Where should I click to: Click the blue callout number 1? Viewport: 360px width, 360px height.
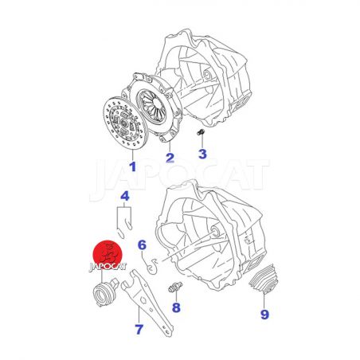pyautogui.click(x=132, y=166)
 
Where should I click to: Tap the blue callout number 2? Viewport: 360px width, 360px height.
pyautogui.click(x=170, y=158)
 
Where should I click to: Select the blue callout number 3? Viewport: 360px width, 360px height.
pyautogui.click(x=202, y=154)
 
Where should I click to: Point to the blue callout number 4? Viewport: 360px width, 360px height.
pyautogui.click(x=125, y=196)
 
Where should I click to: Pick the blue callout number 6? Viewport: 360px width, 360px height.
pyautogui.click(x=143, y=245)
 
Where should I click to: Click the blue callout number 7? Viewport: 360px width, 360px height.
pyautogui.click(x=139, y=329)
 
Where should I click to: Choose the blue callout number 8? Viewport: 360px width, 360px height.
pyautogui.click(x=176, y=307)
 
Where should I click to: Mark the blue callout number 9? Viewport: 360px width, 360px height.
pyautogui.click(x=264, y=315)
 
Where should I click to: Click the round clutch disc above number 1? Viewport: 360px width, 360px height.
pyautogui.click(x=125, y=123)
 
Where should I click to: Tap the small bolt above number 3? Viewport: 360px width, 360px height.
pyautogui.click(x=201, y=132)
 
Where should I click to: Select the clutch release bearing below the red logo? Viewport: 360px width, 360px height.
pyautogui.click(x=104, y=292)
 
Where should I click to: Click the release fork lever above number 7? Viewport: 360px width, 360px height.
pyautogui.click(x=147, y=303)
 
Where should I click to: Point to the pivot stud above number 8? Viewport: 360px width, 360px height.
pyautogui.click(x=175, y=288)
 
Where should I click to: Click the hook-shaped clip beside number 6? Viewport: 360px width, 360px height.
pyautogui.click(x=152, y=265)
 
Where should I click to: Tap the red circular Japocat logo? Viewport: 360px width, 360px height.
pyautogui.click(x=108, y=254)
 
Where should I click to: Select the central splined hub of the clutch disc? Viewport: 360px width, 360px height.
pyautogui.click(x=124, y=123)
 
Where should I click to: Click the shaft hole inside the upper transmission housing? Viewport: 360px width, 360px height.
pyautogui.click(x=206, y=74)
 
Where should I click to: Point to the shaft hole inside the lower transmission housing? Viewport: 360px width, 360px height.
pyautogui.click(x=215, y=231)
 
